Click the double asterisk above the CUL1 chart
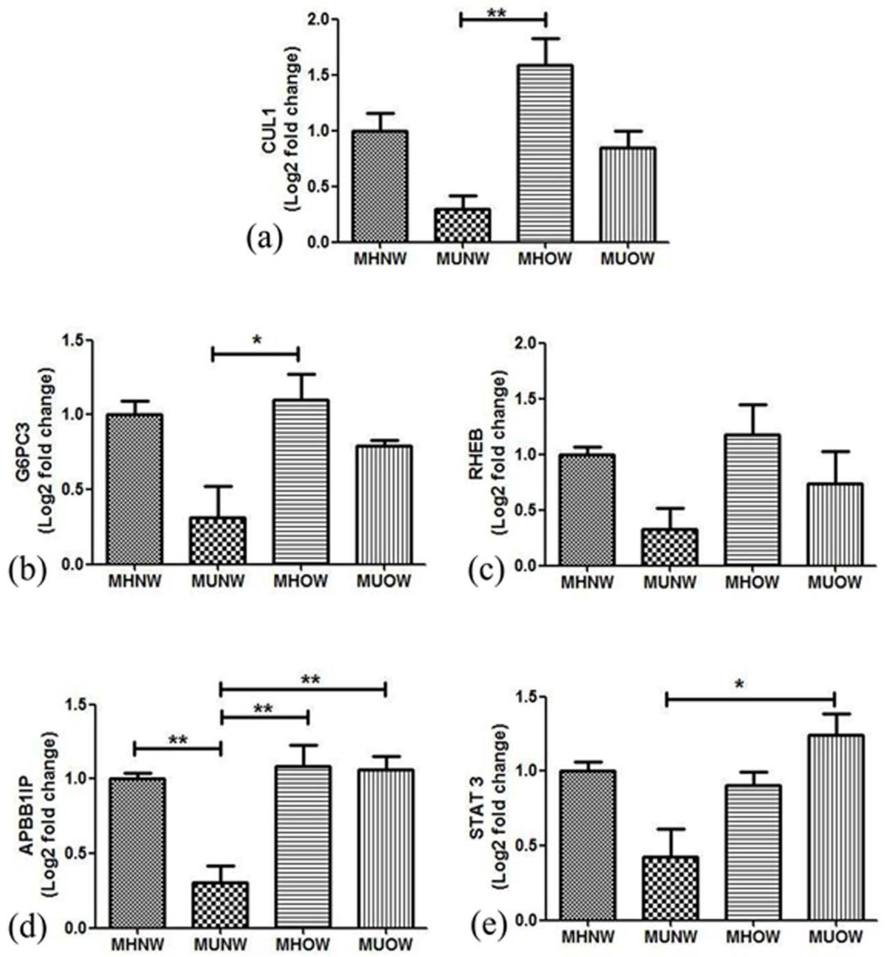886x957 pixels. tap(497, 13)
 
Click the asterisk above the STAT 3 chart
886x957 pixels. tap(740, 684)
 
